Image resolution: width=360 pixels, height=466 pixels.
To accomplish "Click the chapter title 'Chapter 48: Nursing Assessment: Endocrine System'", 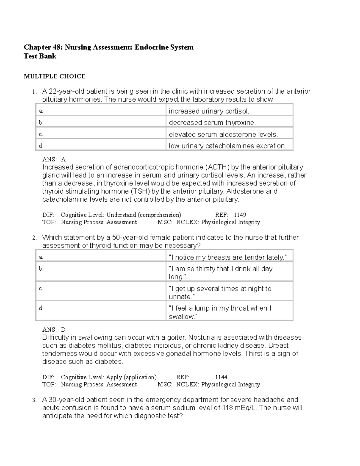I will (109, 47).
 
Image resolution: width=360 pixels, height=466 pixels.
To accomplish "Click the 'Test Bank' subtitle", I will (40, 56).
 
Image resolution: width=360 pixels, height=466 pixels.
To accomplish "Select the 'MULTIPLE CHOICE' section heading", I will (55, 77).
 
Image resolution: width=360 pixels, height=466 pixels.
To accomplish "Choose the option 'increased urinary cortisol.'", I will (209, 111).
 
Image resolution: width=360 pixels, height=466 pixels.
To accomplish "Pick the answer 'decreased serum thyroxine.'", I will (212, 123).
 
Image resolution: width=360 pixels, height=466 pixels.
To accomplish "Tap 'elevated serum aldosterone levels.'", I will (223, 135).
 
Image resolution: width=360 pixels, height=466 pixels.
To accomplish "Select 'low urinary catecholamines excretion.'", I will (227, 146).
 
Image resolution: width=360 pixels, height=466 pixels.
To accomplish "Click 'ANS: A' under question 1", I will (54, 159).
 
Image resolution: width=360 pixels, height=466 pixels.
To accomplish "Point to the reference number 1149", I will (240, 215).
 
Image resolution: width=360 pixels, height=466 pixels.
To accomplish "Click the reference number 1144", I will (221, 377).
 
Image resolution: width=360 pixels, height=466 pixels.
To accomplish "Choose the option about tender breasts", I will (228, 257).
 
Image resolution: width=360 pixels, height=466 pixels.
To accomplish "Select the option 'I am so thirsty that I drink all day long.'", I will (220, 273).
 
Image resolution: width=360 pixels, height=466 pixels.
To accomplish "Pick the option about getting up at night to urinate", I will (220, 293).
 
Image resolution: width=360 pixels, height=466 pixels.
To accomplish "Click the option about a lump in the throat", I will (220, 312).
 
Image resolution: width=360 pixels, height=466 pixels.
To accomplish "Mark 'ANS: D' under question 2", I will (54, 330).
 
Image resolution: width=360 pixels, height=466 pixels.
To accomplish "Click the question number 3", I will (34, 400).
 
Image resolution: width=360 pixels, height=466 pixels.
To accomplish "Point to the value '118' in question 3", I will (227, 408).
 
